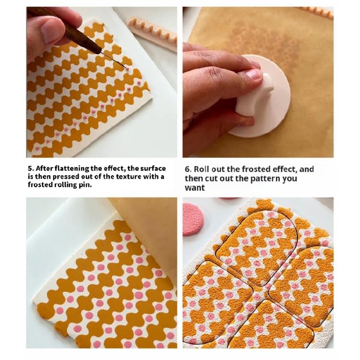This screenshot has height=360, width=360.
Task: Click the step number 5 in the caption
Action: pyautogui.click(x=30, y=168)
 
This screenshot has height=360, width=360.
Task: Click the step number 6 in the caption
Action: pyautogui.click(x=187, y=169)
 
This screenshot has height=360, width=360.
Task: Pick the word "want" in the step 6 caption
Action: pyautogui.click(x=194, y=188)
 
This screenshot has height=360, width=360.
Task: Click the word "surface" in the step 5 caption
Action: pyautogui.click(x=153, y=168)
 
